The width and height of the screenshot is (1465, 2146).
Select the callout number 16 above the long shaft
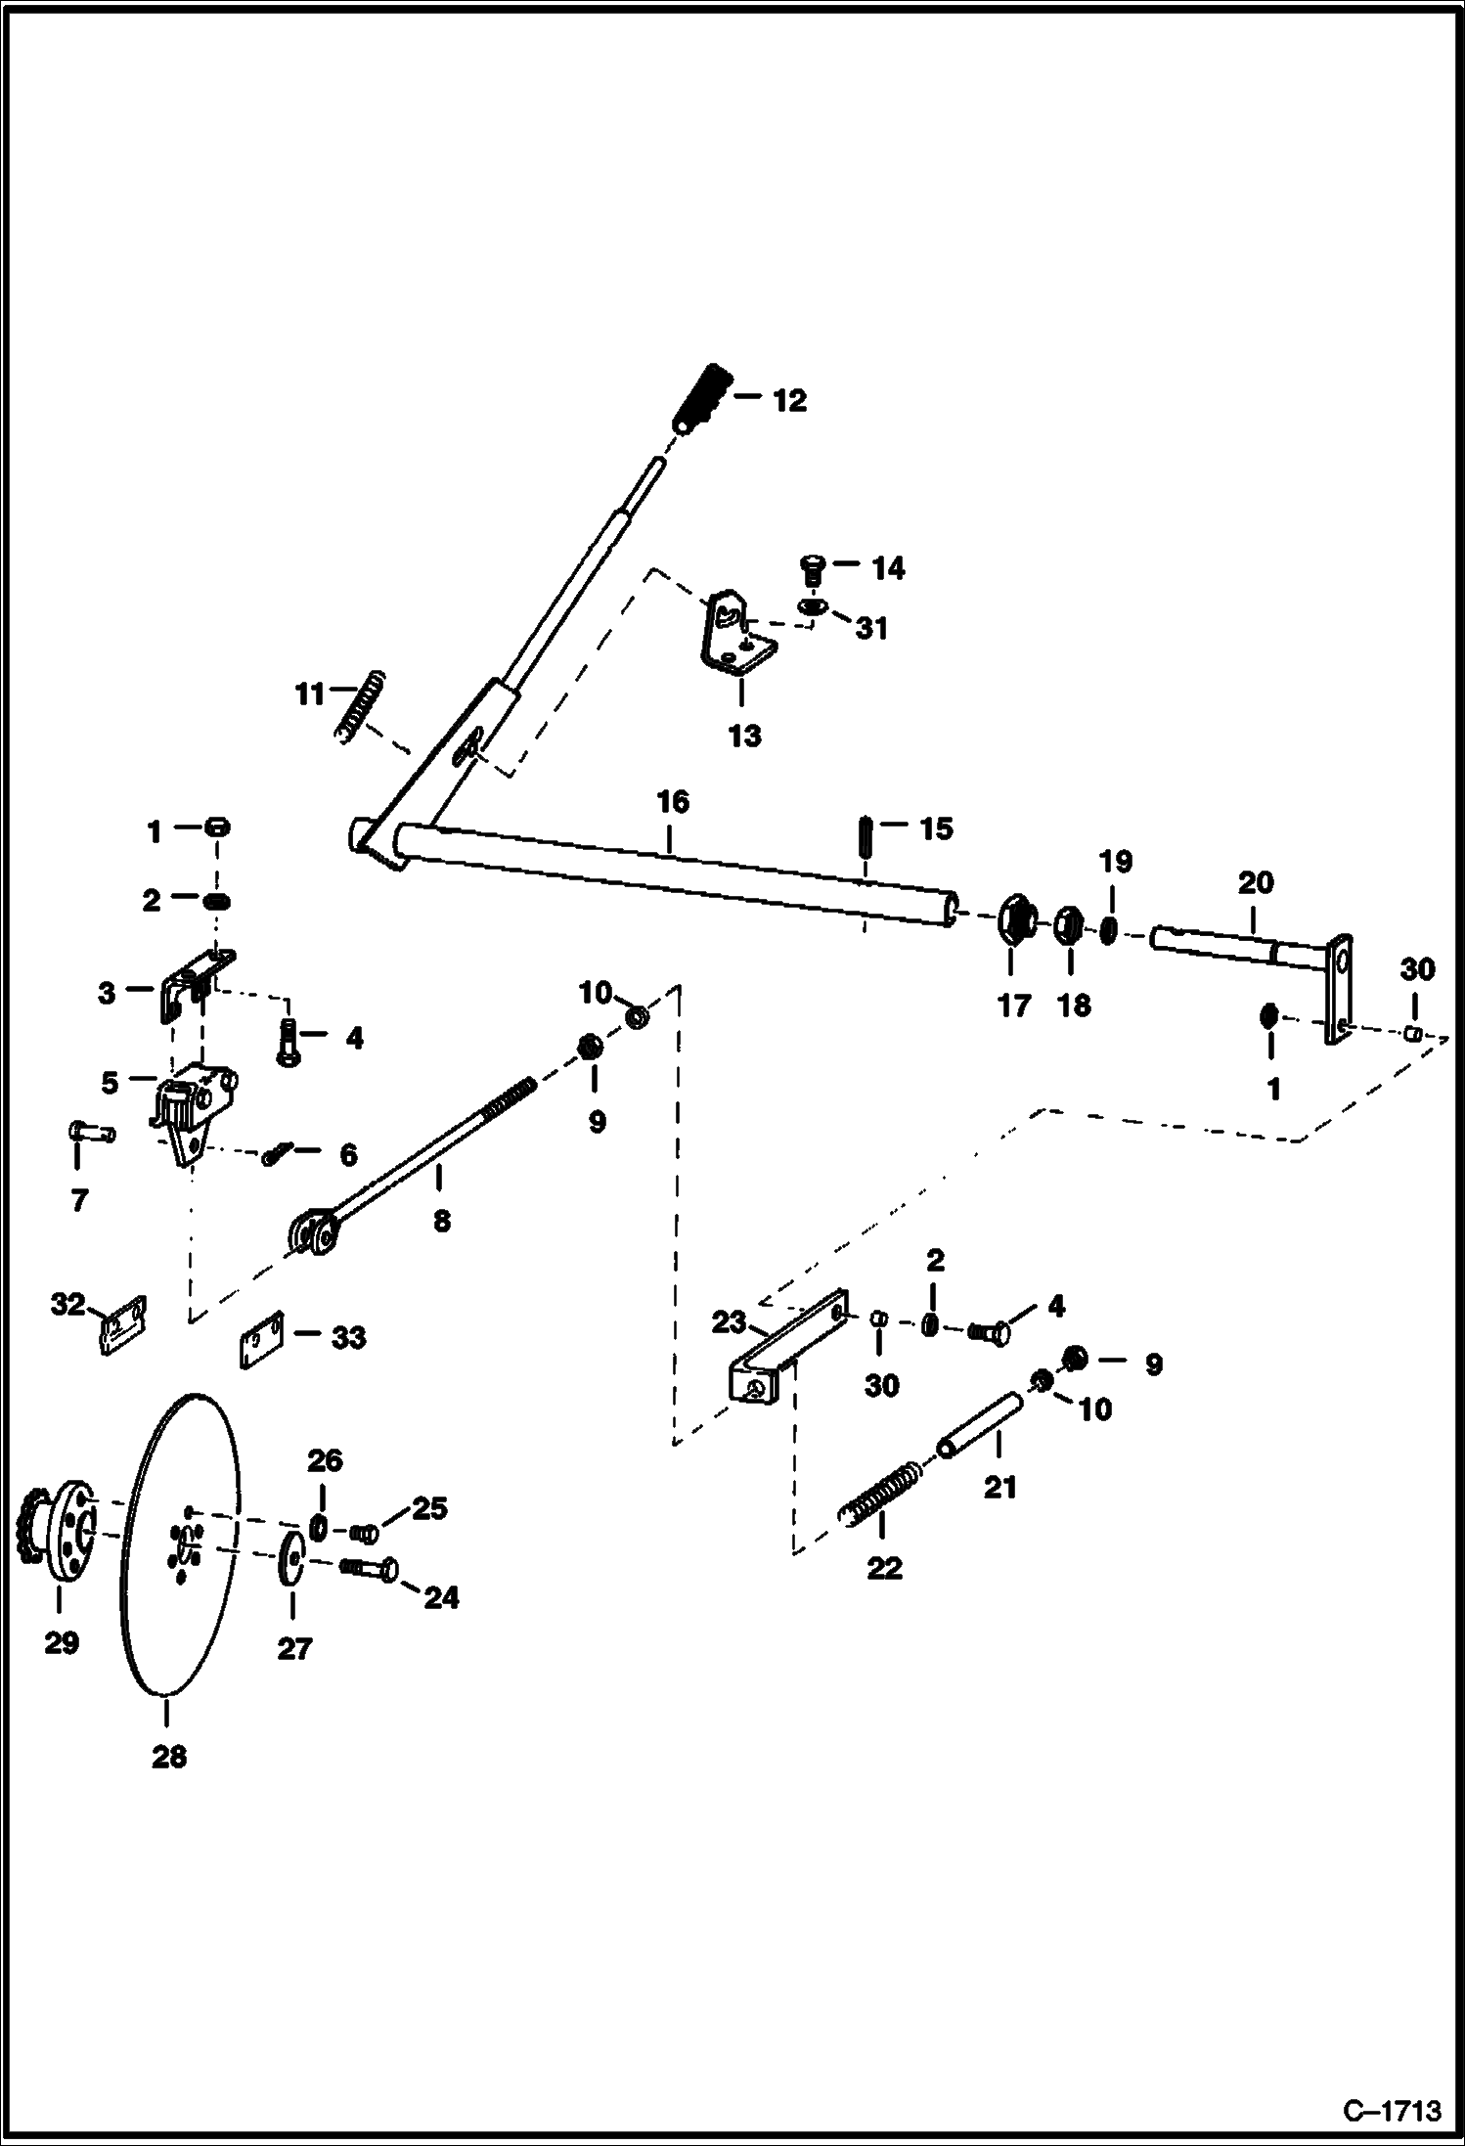pos(673,802)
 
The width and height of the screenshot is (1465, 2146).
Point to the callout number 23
pos(729,1323)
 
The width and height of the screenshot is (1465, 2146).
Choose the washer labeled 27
pos(291,1563)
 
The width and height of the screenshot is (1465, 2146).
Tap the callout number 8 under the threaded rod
pos(442,1221)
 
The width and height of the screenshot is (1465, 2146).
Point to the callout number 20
pos(1256,883)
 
